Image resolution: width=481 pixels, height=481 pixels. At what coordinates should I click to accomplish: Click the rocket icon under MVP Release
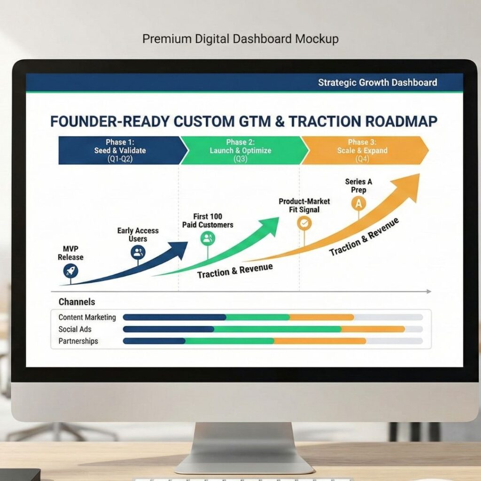coord(70,271)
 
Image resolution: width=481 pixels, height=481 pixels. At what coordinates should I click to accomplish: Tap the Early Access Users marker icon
coord(138,253)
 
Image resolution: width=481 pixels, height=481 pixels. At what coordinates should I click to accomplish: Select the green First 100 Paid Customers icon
coord(208,238)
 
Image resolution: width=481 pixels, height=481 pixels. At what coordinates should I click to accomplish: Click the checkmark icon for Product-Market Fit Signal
coord(304,223)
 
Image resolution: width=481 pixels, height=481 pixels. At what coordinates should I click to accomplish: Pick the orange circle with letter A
coord(358,203)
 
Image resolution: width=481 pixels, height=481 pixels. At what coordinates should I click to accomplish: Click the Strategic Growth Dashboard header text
coord(377,83)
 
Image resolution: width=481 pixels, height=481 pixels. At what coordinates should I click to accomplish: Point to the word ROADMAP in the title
coord(401,121)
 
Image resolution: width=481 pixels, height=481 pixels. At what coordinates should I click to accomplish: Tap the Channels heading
coord(77,302)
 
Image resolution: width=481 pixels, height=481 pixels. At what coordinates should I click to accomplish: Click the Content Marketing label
coord(87,317)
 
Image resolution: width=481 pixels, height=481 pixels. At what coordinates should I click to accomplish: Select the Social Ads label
coord(75,329)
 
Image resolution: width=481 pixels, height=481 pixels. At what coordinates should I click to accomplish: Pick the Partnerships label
coord(78,341)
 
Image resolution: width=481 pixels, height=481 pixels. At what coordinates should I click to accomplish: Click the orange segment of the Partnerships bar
coord(320,341)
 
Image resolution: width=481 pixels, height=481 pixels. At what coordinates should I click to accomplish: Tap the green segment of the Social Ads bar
coord(277,329)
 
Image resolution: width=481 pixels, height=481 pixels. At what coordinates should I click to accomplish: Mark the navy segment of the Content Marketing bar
coord(174,317)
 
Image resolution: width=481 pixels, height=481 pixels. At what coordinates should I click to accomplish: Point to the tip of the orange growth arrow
coord(419,174)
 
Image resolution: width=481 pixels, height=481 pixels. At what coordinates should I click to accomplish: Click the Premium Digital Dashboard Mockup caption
coord(240,39)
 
